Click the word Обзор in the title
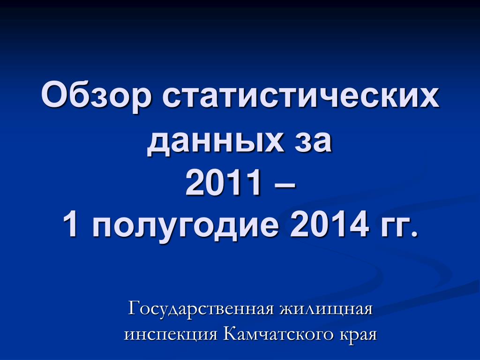(x=97, y=95)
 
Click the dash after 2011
(x=284, y=185)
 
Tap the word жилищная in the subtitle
(x=326, y=309)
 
